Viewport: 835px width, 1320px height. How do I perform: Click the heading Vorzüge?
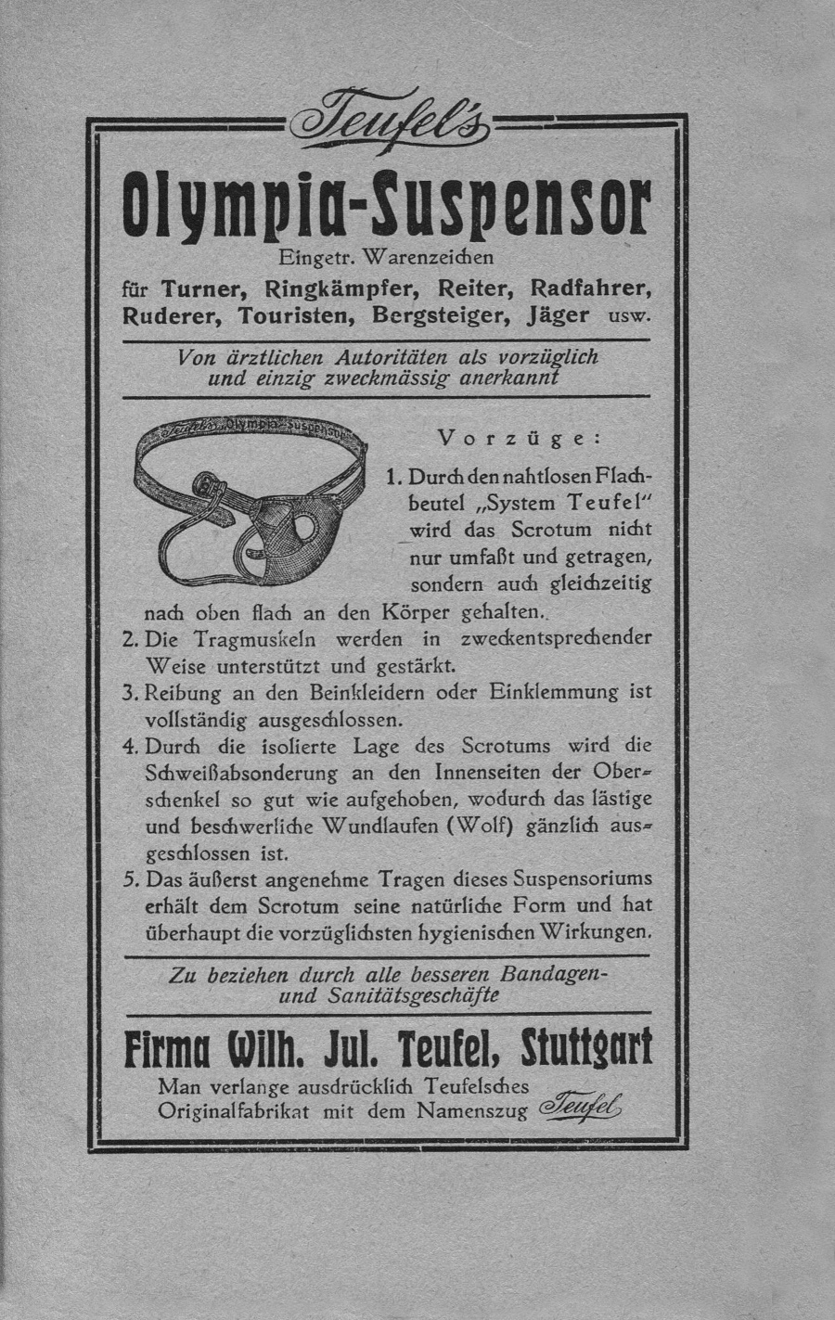pos(520,438)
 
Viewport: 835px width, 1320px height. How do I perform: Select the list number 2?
pos(130,639)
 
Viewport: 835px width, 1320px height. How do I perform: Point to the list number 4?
pos(130,746)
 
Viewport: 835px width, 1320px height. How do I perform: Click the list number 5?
pos(130,878)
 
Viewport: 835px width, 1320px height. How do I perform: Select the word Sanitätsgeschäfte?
pos(414,996)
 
